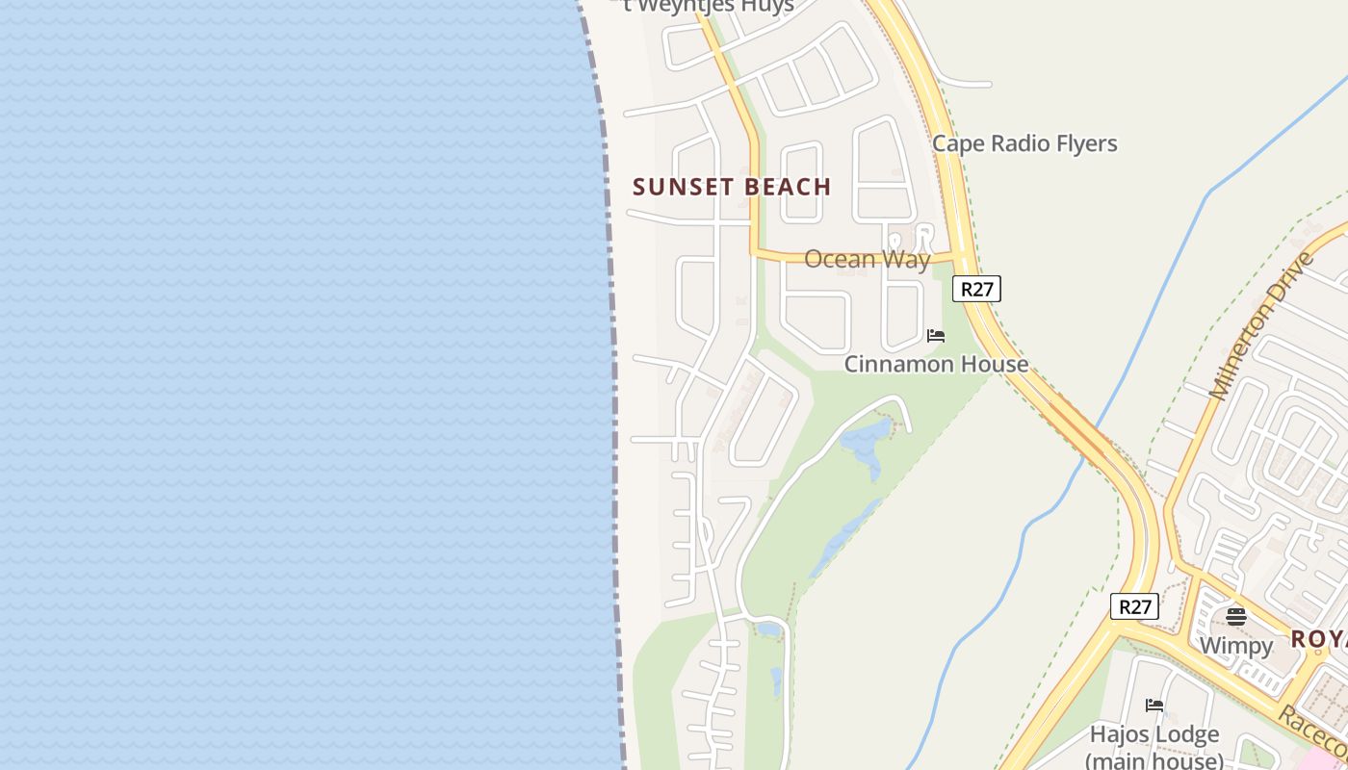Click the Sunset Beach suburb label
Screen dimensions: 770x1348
pyautogui.click(x=732, y=187)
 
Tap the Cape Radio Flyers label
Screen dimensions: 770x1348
pyautogui.click(x=1024, y=143)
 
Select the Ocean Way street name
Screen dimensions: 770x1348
pyautogui.click(x=867, y=259)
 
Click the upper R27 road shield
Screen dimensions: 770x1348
pyautogui.click(x=976, y=289)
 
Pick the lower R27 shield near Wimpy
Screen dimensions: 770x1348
pyautogui.click(x=1134, y=607)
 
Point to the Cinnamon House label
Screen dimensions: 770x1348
pyautogui.click(x=936, y=364)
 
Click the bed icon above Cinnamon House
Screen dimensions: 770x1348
pyautogui.click(x=935, y=336)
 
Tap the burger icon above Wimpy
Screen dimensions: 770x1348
pyautogui.click(x=1236, y=616)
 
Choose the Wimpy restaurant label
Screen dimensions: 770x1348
pyautogui.click(x=1236, y=645)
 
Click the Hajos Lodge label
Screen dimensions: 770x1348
pyautogui.click(x=1154, y=734)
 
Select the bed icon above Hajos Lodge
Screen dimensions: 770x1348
pyautogui.click(x=1154, y=706)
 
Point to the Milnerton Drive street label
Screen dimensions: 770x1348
pyautogui.click(x=1261, y=325)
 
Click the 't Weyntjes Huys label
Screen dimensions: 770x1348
pyautogui.click(x=708, y=6)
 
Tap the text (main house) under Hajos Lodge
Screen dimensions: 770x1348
pyautogui.click(x=1154, y=759)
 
